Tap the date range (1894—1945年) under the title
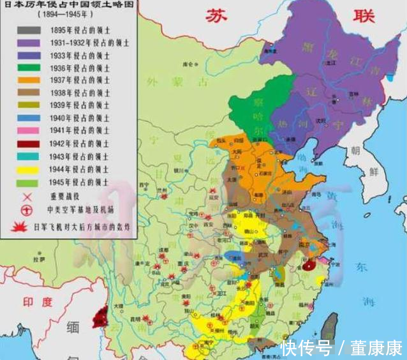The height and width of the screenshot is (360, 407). pyautogui.click(x=44, y=13)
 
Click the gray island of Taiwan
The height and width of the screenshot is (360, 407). pyautogui.click(x=329, y=326)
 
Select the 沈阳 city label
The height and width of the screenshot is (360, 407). pyautogui.click(x=330, y=119)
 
